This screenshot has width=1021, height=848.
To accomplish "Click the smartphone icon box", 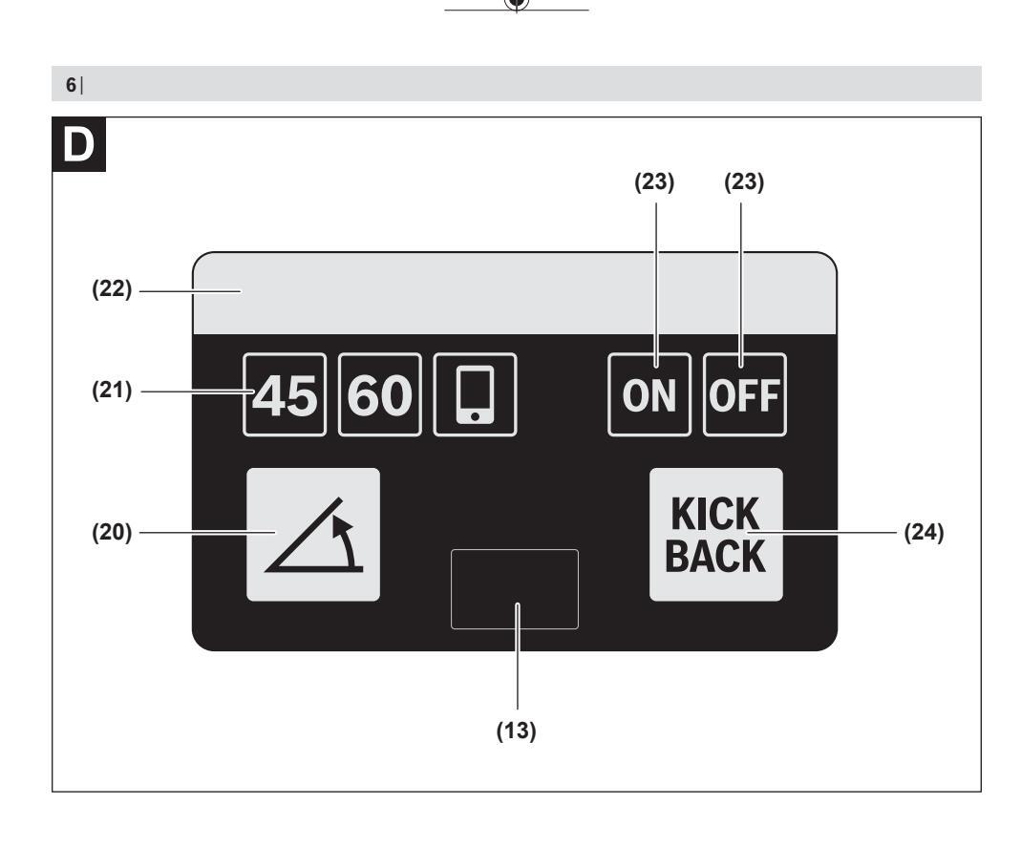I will pos(474,394).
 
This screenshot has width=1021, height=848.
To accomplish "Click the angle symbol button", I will pos(313,534).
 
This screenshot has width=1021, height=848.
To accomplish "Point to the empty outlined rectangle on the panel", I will pos(515,589).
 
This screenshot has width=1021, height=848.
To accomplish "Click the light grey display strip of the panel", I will pos(515,293).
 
